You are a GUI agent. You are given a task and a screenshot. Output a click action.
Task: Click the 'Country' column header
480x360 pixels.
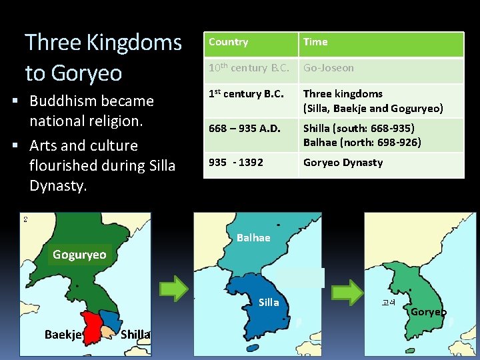click(x=229, y=42)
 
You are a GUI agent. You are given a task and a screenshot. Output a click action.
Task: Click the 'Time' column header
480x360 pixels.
click(x=315, y=42)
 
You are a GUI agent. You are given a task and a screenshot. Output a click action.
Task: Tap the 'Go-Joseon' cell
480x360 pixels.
click(x=329, y=68)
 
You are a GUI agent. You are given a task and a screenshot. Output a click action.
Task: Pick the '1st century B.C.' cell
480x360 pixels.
click(x=246, y=94)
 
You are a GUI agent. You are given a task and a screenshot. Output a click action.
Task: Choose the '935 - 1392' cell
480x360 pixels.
click(x=236, y=162)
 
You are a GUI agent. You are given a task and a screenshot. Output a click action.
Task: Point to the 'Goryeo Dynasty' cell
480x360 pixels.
click(x=343, y=162)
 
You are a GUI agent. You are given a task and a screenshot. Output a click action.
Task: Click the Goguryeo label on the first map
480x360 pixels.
click(x=79, y=255)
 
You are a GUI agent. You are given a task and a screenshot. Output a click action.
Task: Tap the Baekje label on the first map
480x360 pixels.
click(x=63, y=334)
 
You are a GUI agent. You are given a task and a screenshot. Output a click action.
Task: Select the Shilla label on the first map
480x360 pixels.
click(x=135, y=334)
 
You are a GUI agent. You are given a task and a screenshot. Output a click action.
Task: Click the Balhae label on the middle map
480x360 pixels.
click(x=253, y=238)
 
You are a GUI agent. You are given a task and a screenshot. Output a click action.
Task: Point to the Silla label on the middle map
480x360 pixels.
click(x=269, y=303)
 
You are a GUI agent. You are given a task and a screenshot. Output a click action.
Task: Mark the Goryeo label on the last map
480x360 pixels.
click(x=429, y=312)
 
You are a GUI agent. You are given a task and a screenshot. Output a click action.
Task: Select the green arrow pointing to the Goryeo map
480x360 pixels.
click(x=347, y=292)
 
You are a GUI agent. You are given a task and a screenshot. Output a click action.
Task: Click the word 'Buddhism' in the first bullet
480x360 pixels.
click(x=64, y=101)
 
